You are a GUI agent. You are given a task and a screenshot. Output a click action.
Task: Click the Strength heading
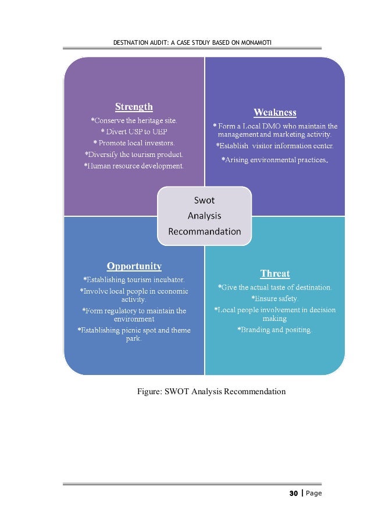coord(134,107)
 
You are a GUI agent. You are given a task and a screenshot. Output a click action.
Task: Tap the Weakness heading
coord(274,112)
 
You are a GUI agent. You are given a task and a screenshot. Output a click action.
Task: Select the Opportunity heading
coord(134,266)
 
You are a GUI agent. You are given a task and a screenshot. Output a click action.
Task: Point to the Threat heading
coord(274,273)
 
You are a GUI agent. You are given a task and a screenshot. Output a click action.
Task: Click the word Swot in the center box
coord(204,200)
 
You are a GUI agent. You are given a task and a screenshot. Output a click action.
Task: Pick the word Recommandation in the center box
coord(204,231)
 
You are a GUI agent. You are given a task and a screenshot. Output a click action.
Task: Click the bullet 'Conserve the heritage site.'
coord(134,120)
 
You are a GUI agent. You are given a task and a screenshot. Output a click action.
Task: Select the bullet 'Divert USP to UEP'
coord(134,131)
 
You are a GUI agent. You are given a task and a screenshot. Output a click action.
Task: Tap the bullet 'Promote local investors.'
coord(134,142)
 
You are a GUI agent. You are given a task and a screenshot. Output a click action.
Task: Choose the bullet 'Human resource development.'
coord(134,166)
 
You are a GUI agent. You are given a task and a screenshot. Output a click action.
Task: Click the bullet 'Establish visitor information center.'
coord(274,145)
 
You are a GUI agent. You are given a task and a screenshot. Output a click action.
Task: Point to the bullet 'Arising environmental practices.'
coord(274,159)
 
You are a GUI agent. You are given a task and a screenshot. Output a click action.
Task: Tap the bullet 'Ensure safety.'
coord(274,299)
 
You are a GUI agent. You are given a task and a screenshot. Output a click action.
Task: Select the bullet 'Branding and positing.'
coord(274,330)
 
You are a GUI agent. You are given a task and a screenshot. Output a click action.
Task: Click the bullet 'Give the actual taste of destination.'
coord(274,287)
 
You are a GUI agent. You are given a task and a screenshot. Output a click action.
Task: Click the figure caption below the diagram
coord(211,391)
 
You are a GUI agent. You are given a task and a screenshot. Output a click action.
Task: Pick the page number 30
coord(293,494)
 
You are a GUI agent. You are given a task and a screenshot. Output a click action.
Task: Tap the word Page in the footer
coord(313,494)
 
